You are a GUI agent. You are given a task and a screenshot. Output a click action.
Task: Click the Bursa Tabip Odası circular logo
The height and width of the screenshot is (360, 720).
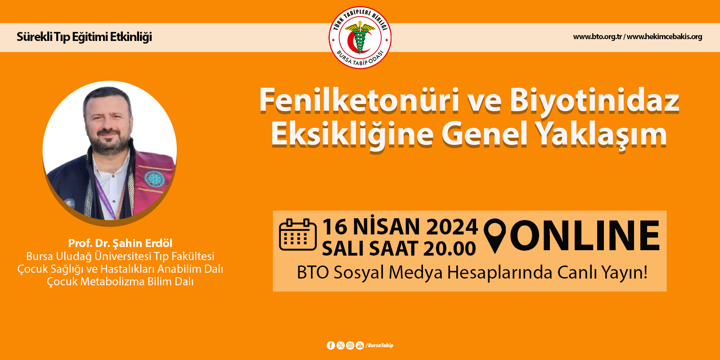[360, 37]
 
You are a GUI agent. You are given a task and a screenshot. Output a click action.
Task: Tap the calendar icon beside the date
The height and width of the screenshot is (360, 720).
[297, 234]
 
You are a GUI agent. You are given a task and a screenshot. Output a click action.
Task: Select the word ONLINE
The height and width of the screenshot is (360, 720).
[585, 236]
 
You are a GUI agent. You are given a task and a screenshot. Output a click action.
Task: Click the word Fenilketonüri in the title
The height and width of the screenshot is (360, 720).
[360, 100]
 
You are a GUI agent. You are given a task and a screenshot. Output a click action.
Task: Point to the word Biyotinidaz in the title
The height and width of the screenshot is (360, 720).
[594, 100]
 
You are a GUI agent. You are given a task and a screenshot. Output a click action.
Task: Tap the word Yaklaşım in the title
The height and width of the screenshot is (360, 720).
[603, 135]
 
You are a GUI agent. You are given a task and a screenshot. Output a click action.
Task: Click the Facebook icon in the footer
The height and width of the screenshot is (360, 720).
[331, 346]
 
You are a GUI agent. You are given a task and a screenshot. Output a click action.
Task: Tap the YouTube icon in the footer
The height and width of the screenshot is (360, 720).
[360, 346]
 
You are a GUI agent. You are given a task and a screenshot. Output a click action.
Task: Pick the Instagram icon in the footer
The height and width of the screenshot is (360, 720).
[350, 346]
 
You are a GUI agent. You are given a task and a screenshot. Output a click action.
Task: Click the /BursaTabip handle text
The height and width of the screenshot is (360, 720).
[379, 346]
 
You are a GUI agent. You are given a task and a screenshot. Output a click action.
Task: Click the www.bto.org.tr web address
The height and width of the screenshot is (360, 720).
[597, 36]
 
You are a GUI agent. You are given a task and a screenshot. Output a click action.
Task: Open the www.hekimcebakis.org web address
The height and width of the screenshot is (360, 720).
[664, 36]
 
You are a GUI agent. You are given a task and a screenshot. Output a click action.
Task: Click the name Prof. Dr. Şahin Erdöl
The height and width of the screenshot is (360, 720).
[120, 243]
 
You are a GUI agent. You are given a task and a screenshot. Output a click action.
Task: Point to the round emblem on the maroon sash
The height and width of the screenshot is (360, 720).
[154, 179]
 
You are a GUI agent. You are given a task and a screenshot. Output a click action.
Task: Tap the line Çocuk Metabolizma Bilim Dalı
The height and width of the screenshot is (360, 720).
[120, 282]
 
